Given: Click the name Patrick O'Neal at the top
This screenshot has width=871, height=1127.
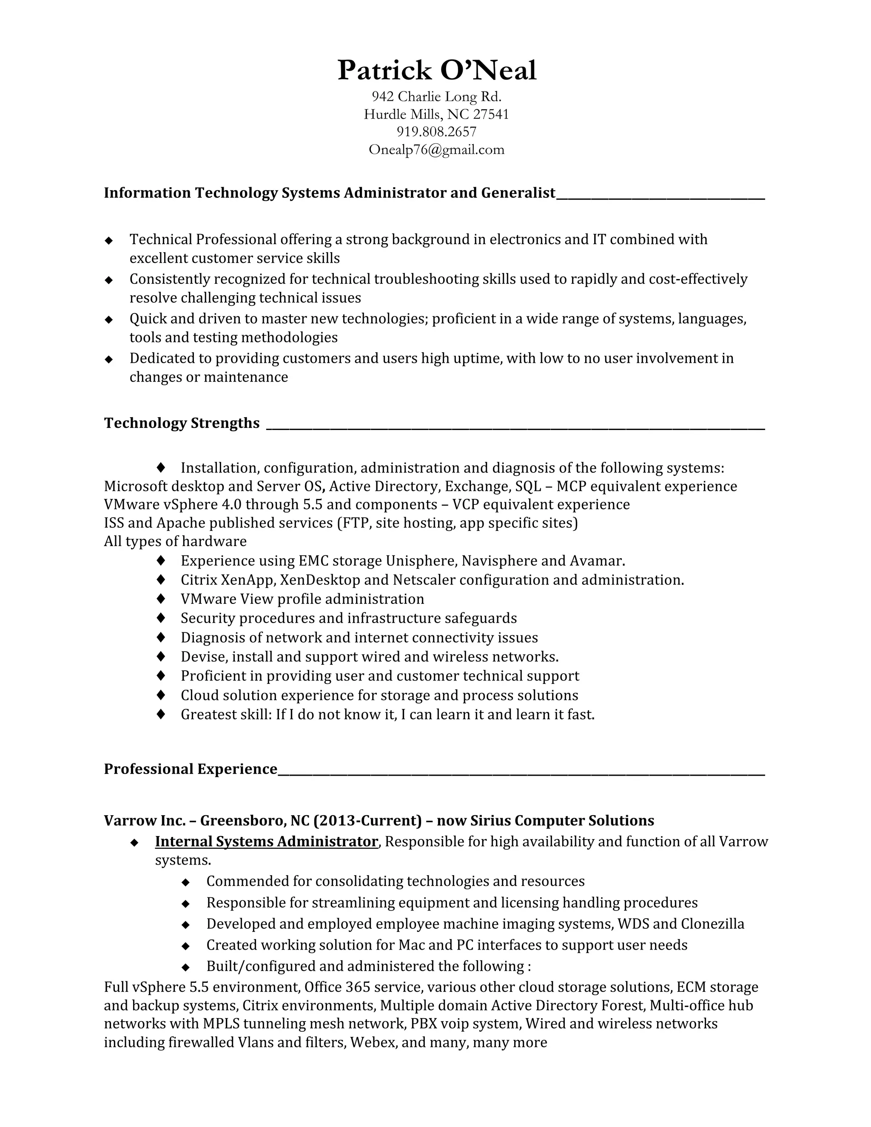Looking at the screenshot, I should click(x=436, y=71).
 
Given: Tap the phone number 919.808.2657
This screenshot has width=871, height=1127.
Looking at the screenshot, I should click(x=436, y=132).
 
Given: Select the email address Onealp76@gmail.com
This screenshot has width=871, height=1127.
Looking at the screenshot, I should click(x=436, y=150).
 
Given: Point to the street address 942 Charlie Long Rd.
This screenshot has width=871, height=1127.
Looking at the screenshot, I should click(x=436, y=97).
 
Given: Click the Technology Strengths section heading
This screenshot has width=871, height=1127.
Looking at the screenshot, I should click(x=182, y=423).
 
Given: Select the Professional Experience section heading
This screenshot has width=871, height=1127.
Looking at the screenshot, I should click(x=191, y=769).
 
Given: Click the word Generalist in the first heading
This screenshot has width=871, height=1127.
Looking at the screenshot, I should click(x=518, y=193).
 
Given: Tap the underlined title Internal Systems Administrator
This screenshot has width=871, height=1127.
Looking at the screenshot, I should click(x=266, y=842).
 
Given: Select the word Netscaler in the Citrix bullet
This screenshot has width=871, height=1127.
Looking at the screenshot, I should click(x=424, y=580).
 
